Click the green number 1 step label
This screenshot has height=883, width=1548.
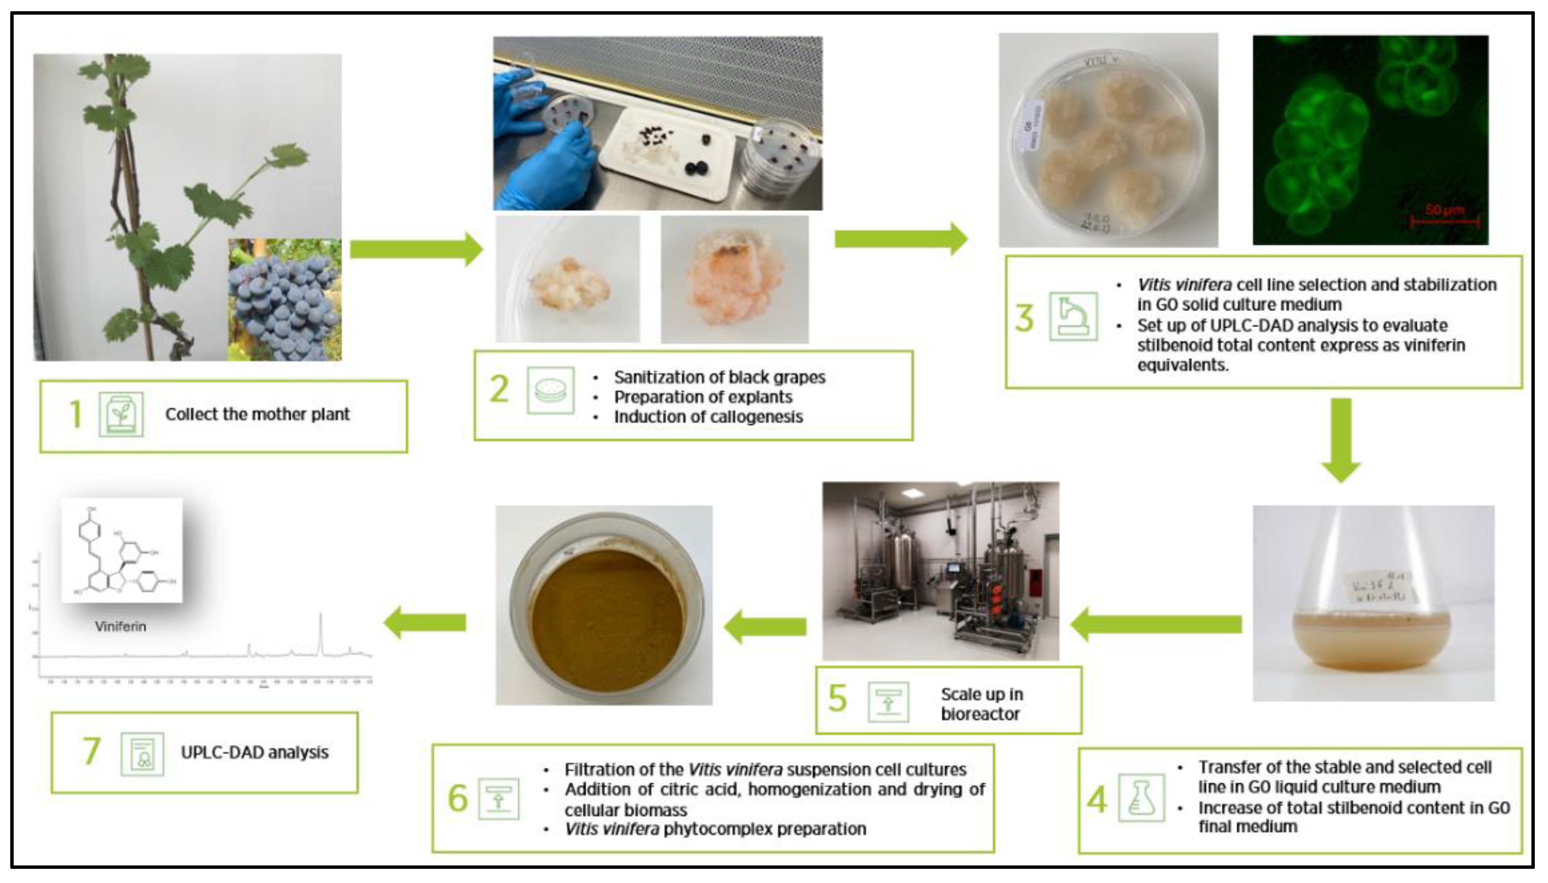point(75,415)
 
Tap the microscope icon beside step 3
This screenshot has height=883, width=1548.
point(1073,316)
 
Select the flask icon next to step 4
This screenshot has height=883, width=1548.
point(1141,798)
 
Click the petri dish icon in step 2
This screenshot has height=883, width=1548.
point(550,390)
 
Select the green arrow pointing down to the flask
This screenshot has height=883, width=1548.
point(1341,440)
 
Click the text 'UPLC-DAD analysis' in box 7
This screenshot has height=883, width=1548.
point(254,753)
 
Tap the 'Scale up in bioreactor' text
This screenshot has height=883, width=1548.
point(981,703)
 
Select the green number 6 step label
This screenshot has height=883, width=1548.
point(457,798)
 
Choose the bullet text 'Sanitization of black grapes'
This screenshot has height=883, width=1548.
point(720,377)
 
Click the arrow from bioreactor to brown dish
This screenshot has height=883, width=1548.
point(765,627)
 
